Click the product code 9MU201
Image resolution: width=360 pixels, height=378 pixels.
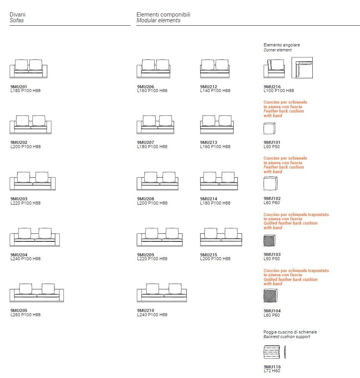[x=19, y=87]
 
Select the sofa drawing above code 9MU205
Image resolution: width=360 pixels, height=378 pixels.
[x=36, y=293]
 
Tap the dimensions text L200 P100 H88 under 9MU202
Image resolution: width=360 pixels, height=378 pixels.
[x=26, y=147]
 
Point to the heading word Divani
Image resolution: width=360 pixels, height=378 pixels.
[x=17, y=15]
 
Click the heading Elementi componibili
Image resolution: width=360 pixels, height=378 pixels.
[x=163, y=15]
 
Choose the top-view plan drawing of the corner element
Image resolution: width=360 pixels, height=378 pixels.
[x=302, y=68]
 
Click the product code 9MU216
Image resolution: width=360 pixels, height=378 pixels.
[x=272, y=87]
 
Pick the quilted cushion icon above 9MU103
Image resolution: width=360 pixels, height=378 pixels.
[x=269, y=240]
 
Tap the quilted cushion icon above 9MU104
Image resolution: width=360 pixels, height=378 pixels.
[x=270, y=295]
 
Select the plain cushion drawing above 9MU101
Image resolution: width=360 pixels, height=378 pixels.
[x=269, y=128]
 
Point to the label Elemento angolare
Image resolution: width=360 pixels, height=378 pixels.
[x=282, y=45]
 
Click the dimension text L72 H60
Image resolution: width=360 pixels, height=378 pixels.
[x=272, y=371]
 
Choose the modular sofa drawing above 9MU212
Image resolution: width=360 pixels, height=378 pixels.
[x=215, y=68]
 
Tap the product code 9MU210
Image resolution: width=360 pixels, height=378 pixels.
[x=146, y=310]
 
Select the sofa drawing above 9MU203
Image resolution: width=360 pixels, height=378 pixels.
[x=33, y=181]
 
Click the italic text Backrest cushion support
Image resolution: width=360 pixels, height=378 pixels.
[x=287, y=337]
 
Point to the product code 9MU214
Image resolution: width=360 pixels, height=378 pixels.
[x=209, y=199]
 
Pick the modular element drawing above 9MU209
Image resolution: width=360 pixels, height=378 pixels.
[x=159, y=237]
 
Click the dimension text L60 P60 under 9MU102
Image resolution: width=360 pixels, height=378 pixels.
[x=272, y=203]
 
